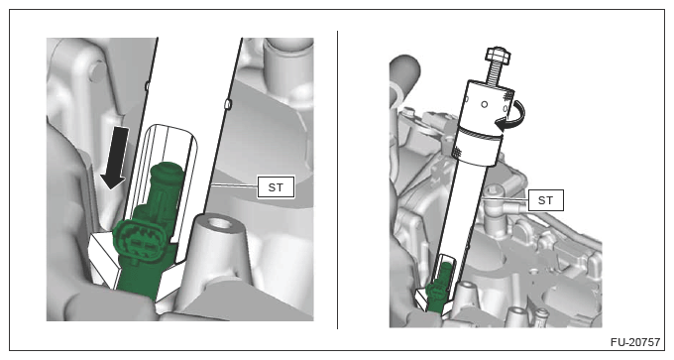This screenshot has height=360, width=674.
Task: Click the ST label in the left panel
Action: pyautogui.click(x=276, y=187)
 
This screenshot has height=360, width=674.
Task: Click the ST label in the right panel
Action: pyautogui.click(x=545, y=200)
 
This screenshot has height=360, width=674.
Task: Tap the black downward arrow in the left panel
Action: pyautogui.click(x=115, y=158)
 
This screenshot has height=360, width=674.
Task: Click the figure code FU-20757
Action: pyautogui.click(x=635, y=342)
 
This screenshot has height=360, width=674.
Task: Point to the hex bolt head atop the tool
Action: pyautogui.click(x=499, y=55)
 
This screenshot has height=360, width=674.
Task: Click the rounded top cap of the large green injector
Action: pyautogui.click(x=168, y=171)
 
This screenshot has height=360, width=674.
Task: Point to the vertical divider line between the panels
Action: pyautogui.click(x=337, y=180)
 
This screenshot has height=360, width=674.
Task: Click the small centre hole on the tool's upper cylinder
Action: pyautogui.click(x=485, y=104)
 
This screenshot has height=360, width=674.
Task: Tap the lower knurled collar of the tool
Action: pyautogui.click(x=478, y=146)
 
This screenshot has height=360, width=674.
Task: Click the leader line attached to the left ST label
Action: pyautogui.click(x=234, y=185)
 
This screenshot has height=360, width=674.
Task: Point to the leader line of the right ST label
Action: pyautogui.click(x=505, y=199)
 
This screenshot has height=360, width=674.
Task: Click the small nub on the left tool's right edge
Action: pyautogui.click(x=229, y=104)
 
